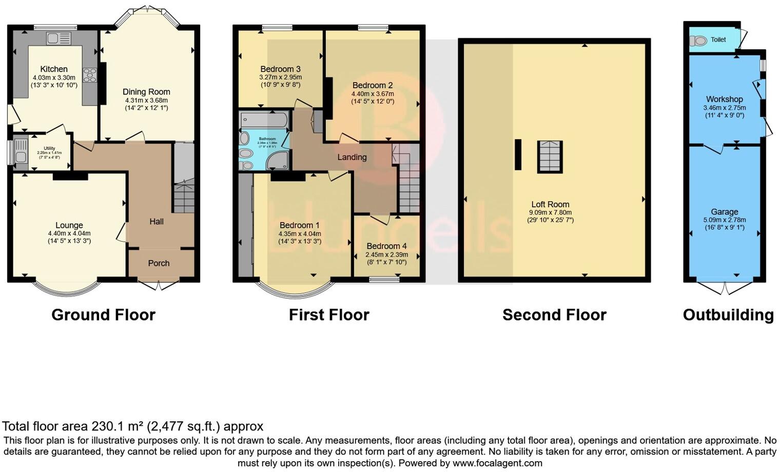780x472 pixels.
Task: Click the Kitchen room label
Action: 54,69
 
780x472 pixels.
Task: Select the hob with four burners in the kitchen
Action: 90,75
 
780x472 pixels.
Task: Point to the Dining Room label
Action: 146,92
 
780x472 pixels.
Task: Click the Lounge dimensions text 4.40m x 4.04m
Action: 69,233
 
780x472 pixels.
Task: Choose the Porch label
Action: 159,263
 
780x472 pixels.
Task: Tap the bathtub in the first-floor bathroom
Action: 264,120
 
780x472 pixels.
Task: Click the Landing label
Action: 352,157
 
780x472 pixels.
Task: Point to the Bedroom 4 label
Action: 387,246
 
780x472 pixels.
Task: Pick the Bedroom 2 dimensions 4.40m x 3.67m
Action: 373,94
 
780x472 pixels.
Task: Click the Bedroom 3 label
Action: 280,69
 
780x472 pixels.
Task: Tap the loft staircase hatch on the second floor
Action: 550,156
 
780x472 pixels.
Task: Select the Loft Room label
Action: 550,204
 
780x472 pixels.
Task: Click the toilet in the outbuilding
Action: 698,40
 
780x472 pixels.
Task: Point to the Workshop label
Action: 724,100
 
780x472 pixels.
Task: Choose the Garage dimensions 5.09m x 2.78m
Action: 724,220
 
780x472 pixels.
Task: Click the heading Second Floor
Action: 554,315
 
